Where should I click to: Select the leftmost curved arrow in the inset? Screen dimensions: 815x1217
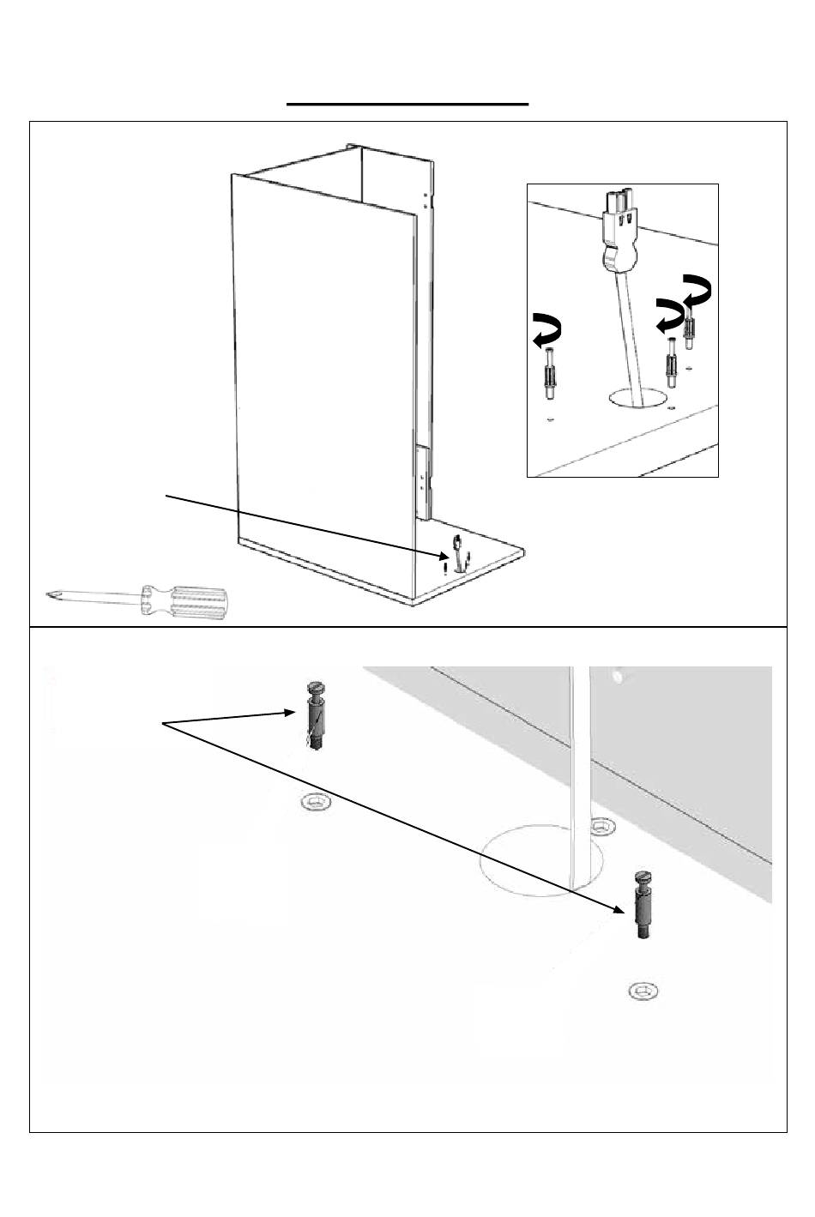pos(548,332)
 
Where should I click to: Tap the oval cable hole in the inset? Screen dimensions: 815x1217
pos(637,397)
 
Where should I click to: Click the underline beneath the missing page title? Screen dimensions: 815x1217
pos(407,104)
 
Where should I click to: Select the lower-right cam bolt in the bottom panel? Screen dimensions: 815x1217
pos(641,903)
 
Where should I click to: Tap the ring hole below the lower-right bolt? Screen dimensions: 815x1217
pos(643,991)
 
